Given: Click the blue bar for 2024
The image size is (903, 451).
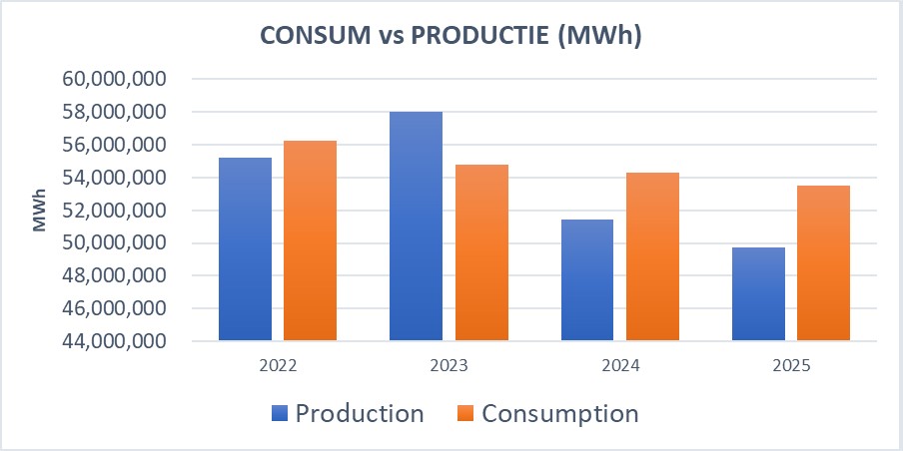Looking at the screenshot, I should [586, 280].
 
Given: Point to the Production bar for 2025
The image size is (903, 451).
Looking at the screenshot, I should [758, 294].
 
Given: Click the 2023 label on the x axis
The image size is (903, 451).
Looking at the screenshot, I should [449, 366].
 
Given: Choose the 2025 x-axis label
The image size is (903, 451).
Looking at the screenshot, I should [790, 366].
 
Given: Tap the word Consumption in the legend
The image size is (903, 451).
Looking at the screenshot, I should [559, 413].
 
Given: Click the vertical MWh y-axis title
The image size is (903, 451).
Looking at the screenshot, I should [40, 210].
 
